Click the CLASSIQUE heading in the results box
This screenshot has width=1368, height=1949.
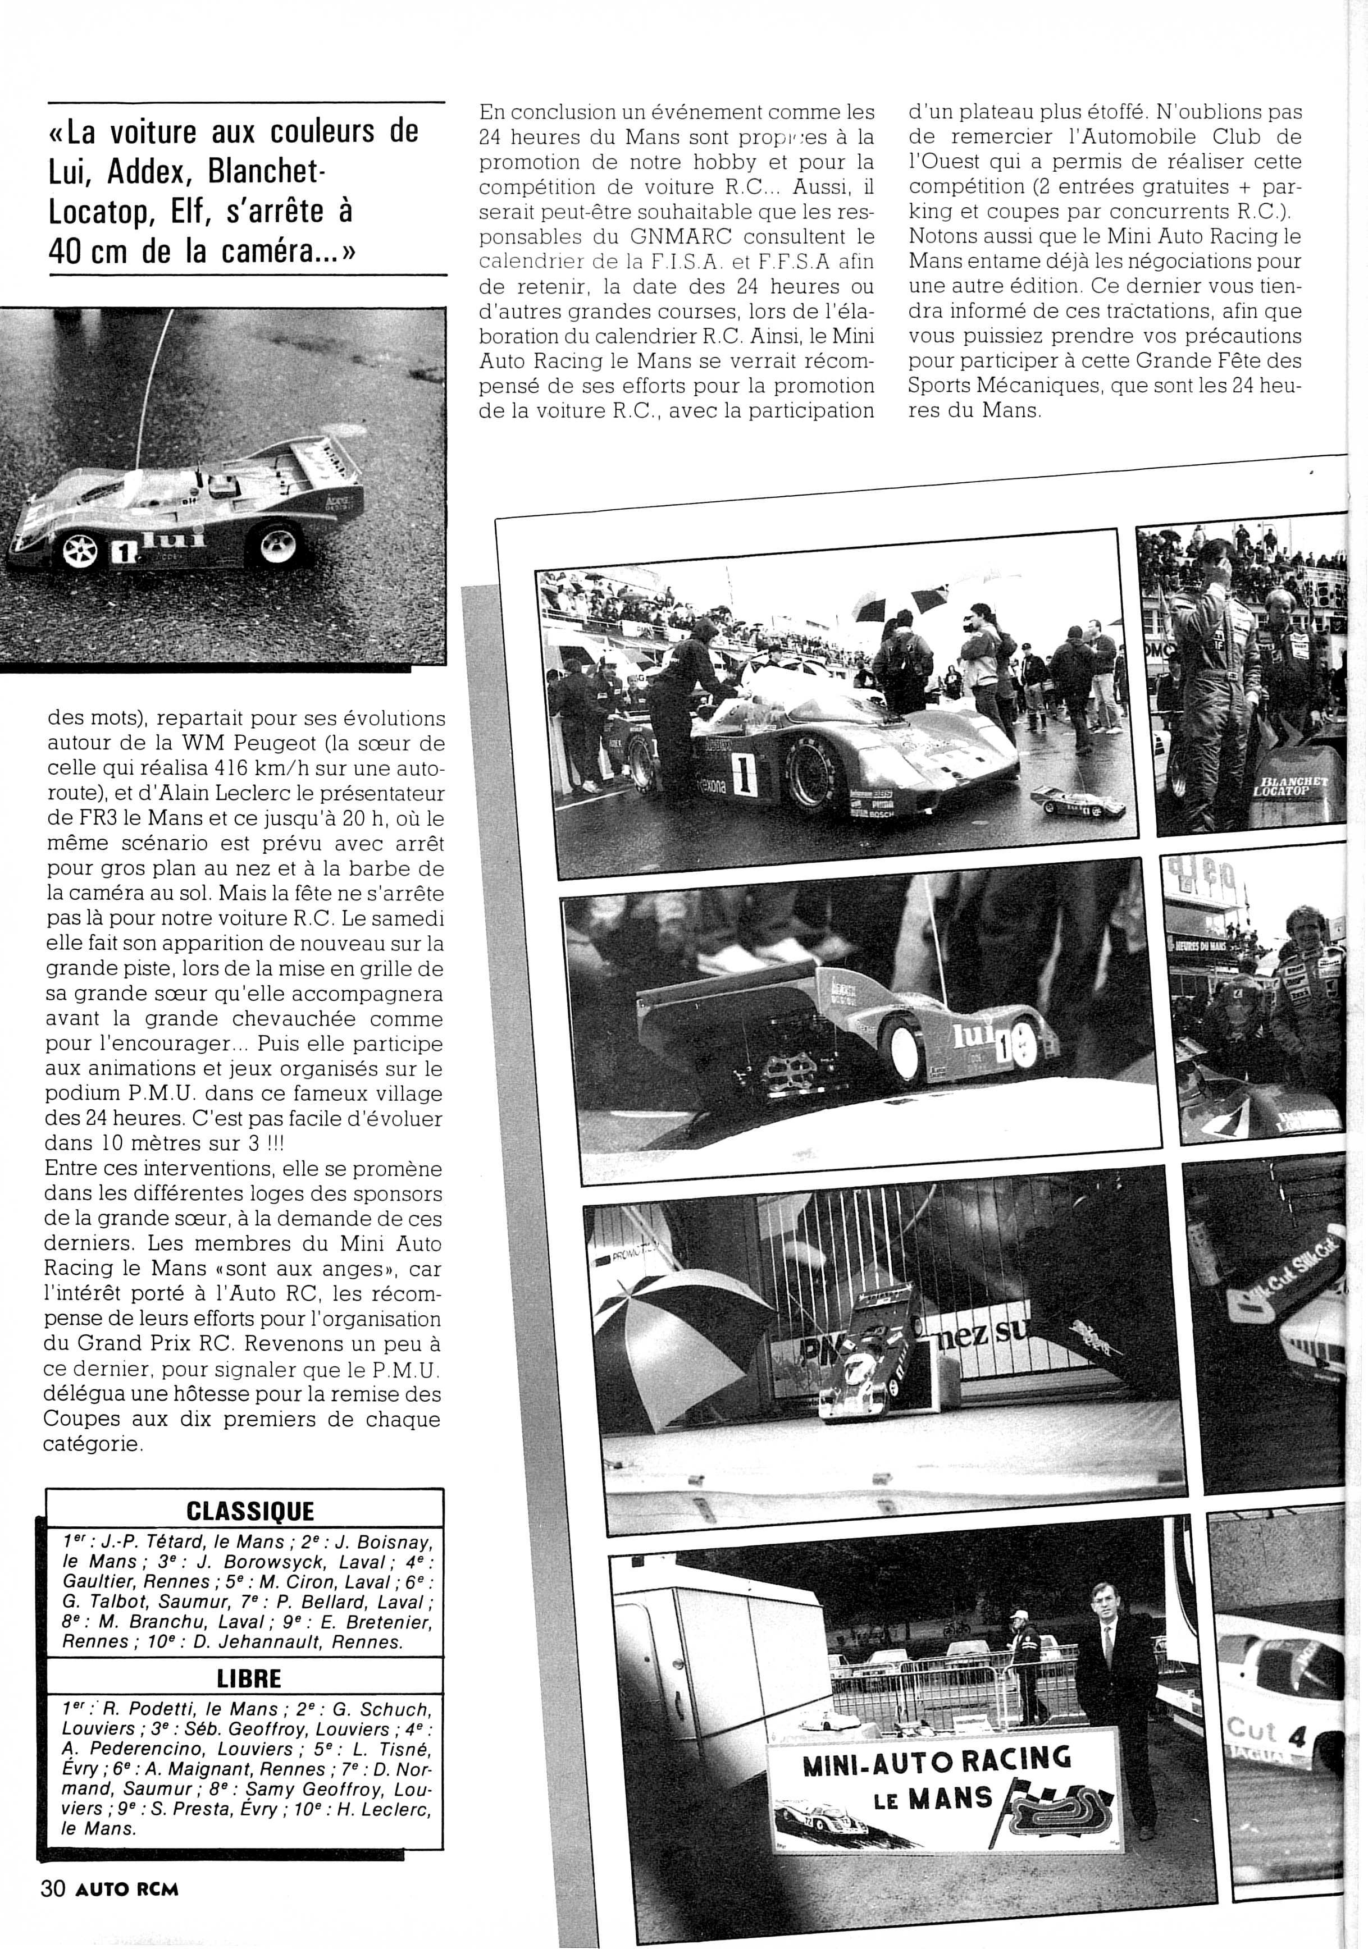click(x=250, y=1511)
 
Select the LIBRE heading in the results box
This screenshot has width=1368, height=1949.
click(x=249, y=1679)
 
